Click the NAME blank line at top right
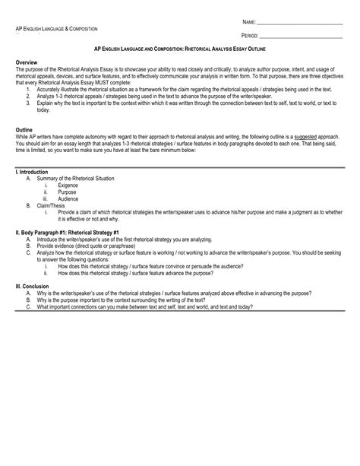tap(300, 24)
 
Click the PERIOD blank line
tap(302, 36)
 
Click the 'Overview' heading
tap(29, 59)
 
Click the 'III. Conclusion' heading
tap(35, 286)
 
